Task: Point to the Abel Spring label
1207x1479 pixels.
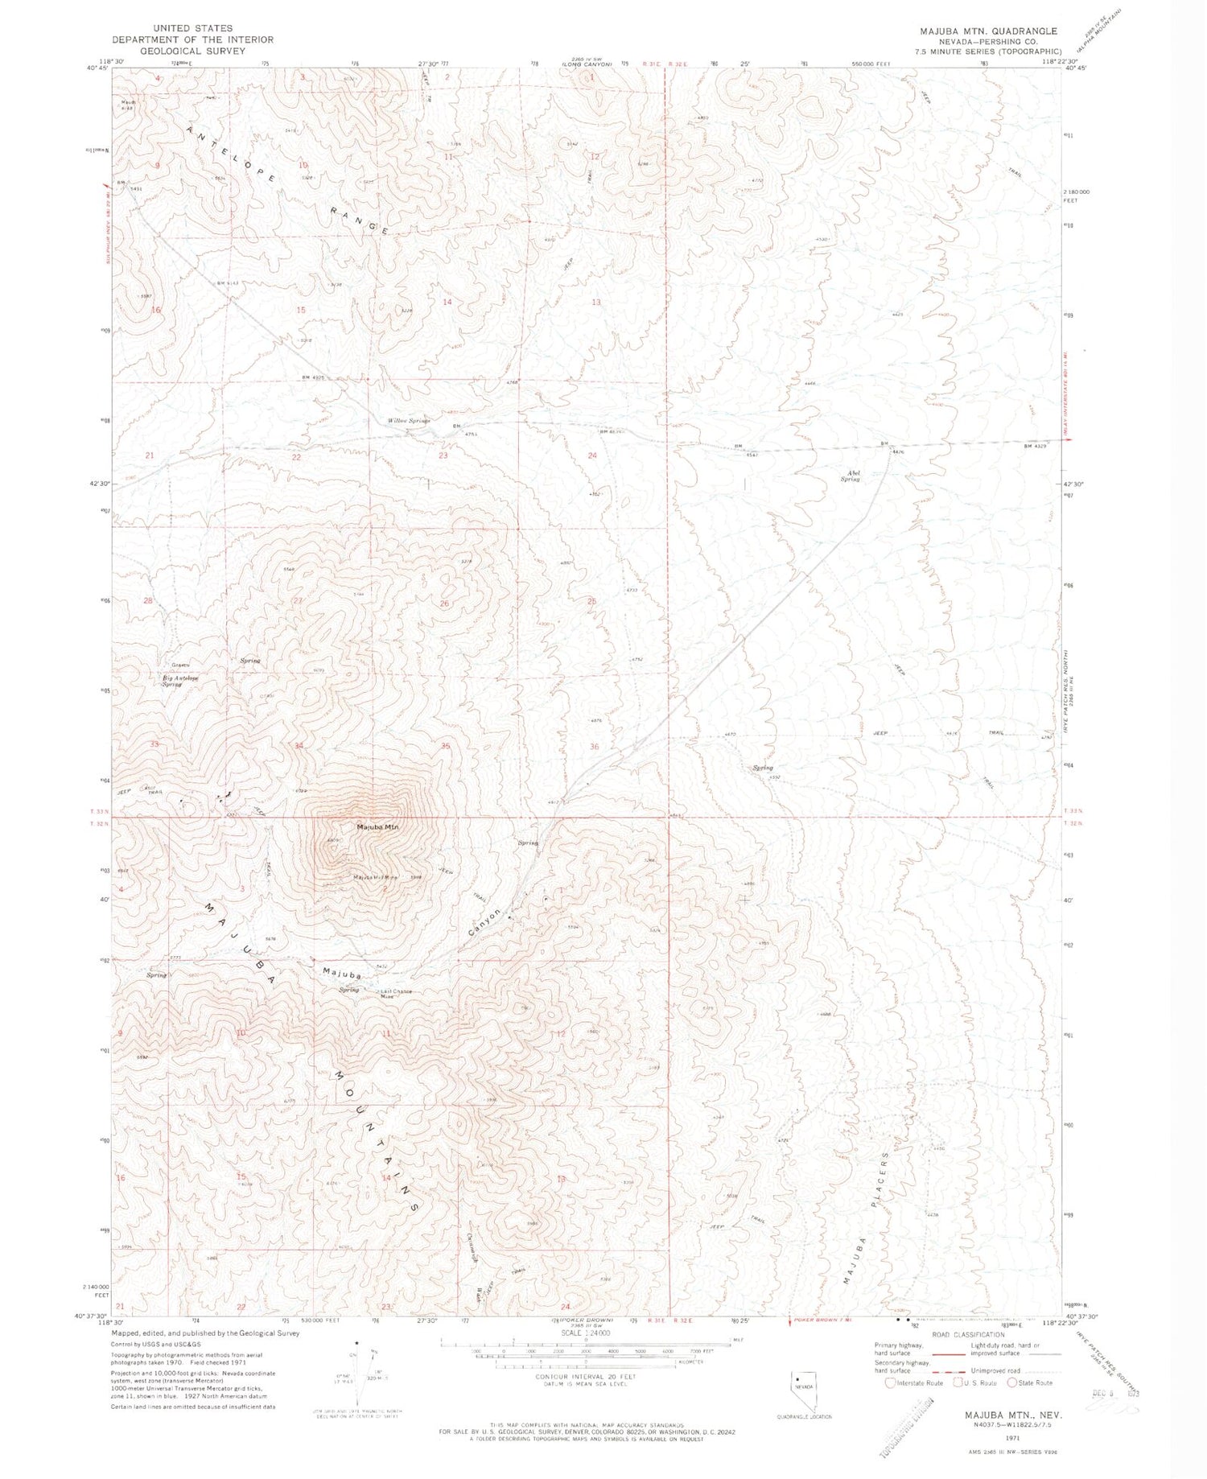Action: pos(850,476)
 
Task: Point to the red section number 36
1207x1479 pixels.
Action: pos(594,747)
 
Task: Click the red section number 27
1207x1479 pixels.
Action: pos(298,601)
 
